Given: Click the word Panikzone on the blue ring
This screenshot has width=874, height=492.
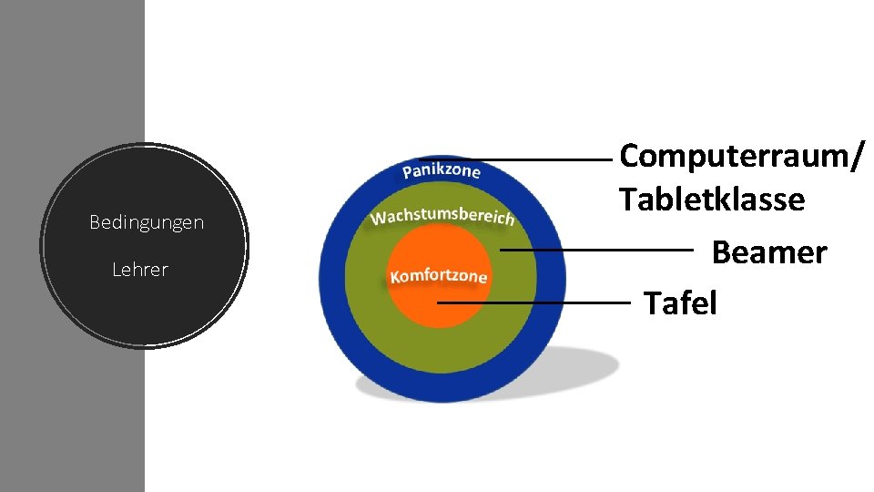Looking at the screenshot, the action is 442,170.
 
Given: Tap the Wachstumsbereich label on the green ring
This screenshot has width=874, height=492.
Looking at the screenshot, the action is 442,216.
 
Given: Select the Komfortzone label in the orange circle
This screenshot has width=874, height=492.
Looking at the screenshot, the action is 438,275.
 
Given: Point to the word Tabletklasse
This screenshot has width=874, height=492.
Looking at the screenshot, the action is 711,199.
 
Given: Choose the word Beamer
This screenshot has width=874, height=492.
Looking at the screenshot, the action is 768,252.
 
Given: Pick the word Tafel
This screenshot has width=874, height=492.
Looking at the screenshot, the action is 680,302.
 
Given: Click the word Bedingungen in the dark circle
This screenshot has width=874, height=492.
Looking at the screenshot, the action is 147,222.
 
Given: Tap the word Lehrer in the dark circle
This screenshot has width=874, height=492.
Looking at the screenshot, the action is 140,270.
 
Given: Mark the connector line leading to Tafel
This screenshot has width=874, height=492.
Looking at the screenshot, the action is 537,302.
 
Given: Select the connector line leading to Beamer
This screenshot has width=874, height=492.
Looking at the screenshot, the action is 596,249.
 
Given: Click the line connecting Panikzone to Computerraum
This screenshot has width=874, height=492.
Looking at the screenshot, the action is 519,159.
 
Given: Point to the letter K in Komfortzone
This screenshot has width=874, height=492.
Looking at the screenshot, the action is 394,277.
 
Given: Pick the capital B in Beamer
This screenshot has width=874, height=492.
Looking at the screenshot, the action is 722,252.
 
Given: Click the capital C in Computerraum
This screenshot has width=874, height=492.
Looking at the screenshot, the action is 630,156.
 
